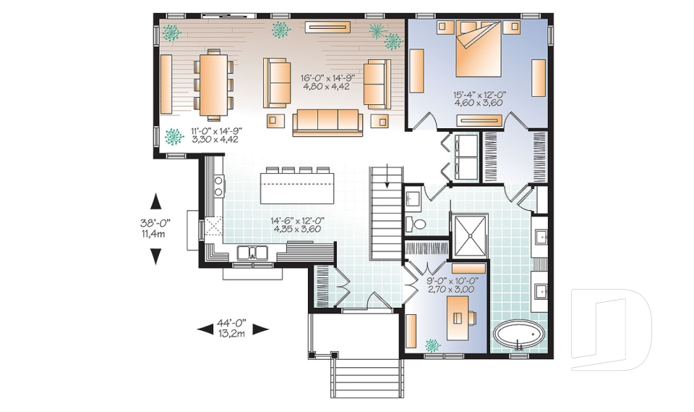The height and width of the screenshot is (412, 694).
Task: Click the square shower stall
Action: (469, 236)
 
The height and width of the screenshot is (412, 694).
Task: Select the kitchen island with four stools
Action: (297, 188)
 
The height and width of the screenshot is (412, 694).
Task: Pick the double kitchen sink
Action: (253, 252)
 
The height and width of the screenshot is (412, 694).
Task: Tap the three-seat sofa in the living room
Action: (327, 122)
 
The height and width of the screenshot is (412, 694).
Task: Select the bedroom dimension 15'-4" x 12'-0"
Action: (478, 93)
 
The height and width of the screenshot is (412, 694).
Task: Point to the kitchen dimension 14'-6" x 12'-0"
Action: (296, 221)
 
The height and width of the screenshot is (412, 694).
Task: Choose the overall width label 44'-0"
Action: (233, 323)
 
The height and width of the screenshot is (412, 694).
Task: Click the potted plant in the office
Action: (434, 345)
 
